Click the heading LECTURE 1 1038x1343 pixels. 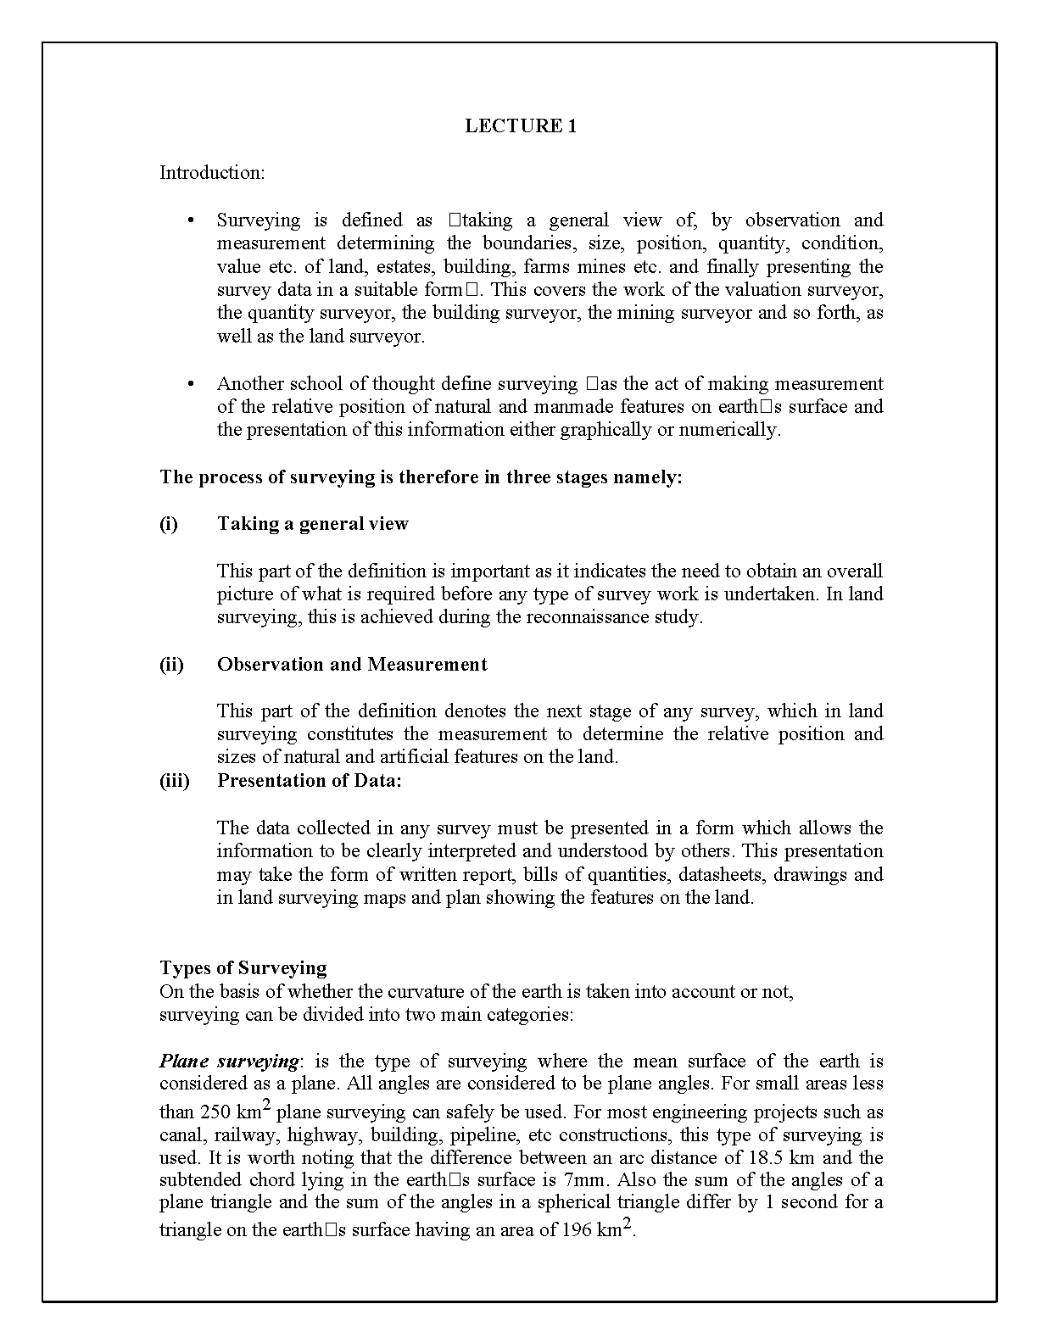pos(521,126)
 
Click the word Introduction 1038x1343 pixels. pos(211,173)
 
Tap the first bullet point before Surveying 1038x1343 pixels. pos(191,221)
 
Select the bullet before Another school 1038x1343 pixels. pos(191,385)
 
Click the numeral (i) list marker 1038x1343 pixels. pos(169,524)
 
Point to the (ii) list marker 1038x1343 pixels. pos(171,665)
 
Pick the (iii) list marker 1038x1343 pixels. pos(174,781)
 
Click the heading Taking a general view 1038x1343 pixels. pos(312,524)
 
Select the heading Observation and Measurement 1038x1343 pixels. pos(352,665)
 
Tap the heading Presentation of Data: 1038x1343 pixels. pos(309,781)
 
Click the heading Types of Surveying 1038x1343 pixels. pos(243,968)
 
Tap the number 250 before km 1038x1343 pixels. pos(215,1112)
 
